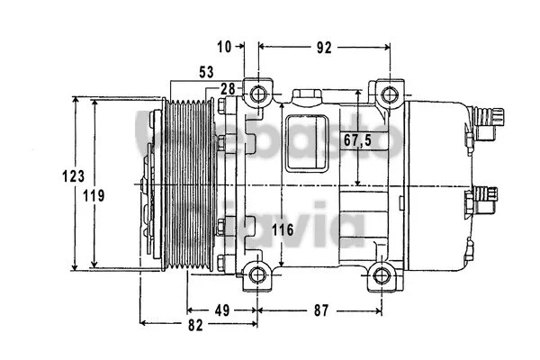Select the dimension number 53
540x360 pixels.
(208, 71)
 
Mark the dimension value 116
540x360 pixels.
(283, 231)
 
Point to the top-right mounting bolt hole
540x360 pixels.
(387, 94)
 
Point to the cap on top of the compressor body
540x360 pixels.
(305, 96)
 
